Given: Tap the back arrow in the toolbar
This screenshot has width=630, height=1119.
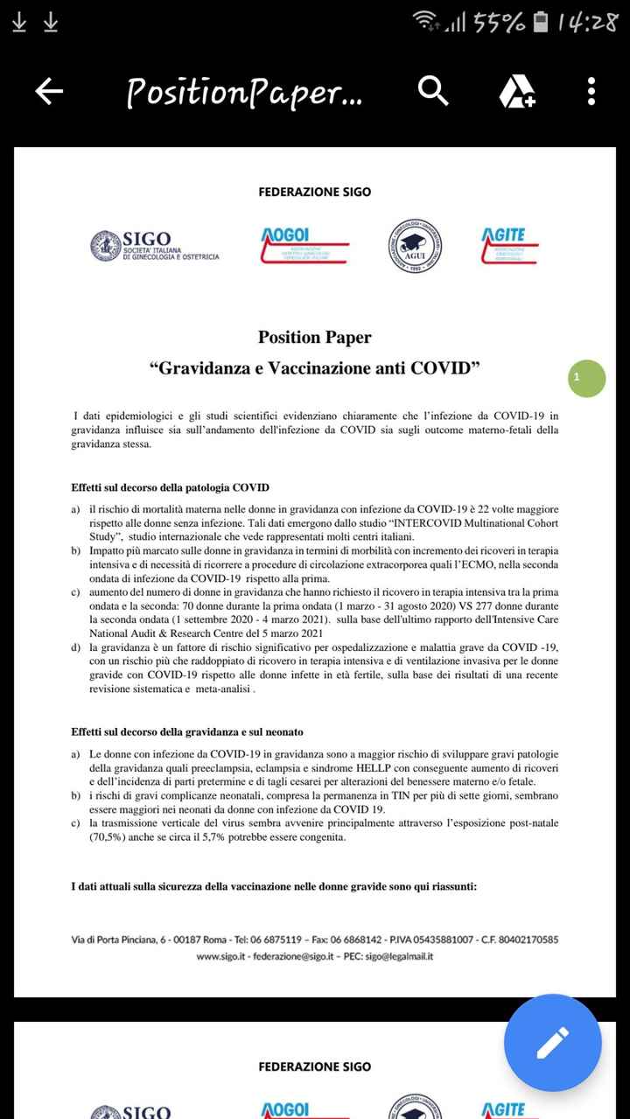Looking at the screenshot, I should tap(49, 91).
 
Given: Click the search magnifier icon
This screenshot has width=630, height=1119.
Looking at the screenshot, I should tap(433, 90).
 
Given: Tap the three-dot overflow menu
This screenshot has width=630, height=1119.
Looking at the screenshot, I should tap(591, 91).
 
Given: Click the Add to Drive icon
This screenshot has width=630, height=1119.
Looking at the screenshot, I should tap(516, 91).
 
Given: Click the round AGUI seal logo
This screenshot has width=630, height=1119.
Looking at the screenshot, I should tap(415, 245).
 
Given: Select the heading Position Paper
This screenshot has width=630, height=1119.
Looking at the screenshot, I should tap(314, 338).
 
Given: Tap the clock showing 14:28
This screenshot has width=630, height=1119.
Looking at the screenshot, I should tap(587, 24).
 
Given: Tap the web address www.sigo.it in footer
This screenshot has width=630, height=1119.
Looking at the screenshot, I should tap(220, 956).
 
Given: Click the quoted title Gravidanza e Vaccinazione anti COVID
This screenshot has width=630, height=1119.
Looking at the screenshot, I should tap(314, 368).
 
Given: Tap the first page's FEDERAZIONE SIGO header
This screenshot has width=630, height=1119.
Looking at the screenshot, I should tap(314, 192).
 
